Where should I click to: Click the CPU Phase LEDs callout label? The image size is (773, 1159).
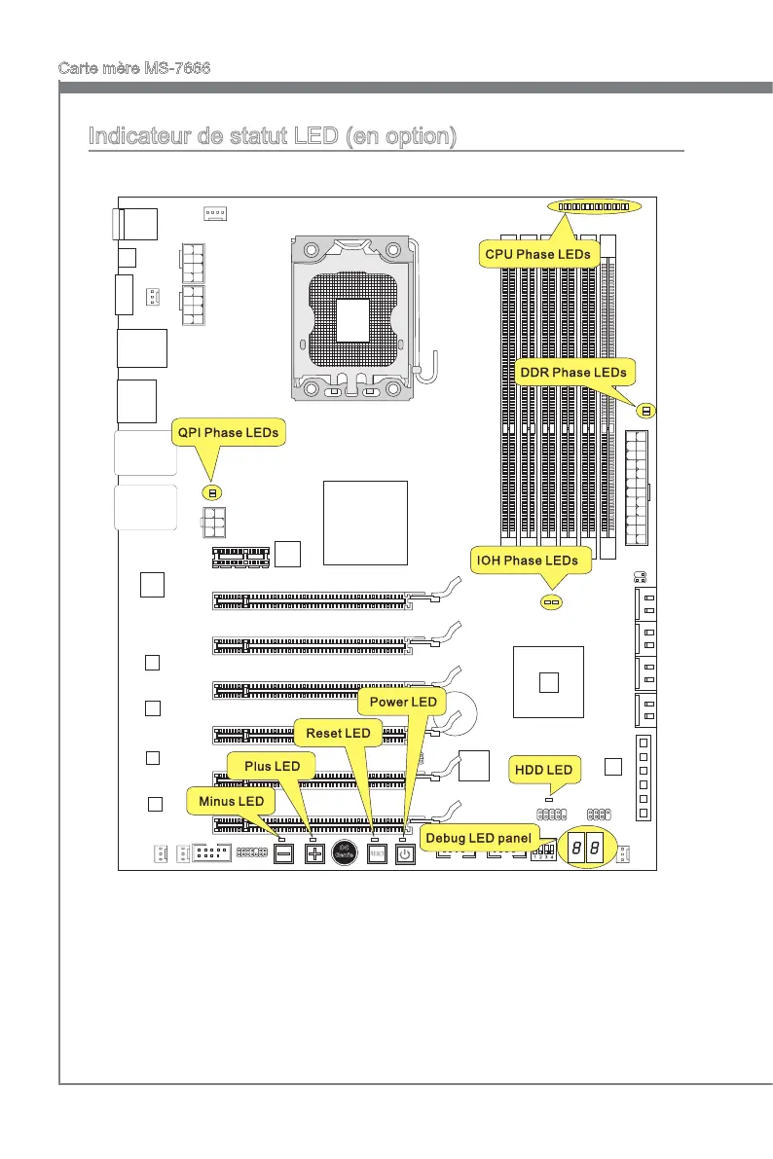(538, 254)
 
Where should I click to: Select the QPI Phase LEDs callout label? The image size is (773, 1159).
(227, 432)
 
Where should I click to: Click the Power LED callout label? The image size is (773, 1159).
(401, 701)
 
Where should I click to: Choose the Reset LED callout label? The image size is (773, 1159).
(338, 732)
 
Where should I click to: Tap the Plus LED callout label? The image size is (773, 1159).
(272, 766)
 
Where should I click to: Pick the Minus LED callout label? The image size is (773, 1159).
(231, 800)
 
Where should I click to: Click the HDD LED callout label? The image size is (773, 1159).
(546, 771)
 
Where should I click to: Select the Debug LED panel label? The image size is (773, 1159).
(478, 838)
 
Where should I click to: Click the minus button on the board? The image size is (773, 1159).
(283, 854)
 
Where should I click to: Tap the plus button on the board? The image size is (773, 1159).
(314, 854)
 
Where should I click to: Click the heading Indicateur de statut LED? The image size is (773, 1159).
(272, 136)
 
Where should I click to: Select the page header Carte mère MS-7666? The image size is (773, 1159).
(135, 68)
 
